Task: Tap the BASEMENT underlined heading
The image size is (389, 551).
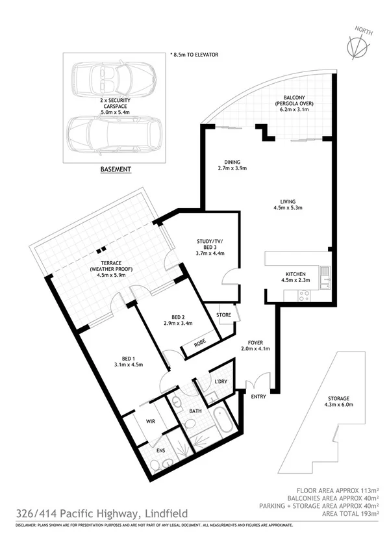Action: coord(116,170)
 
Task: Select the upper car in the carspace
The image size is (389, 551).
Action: coord(114,79)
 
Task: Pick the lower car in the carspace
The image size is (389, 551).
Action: coord(114,133)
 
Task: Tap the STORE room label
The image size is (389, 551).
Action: coord(224,315)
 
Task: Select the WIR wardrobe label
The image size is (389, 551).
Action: coord(151,421)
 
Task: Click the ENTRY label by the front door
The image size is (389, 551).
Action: coord(258,396)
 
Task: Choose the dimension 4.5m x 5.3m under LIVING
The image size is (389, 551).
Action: coord(288,209)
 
